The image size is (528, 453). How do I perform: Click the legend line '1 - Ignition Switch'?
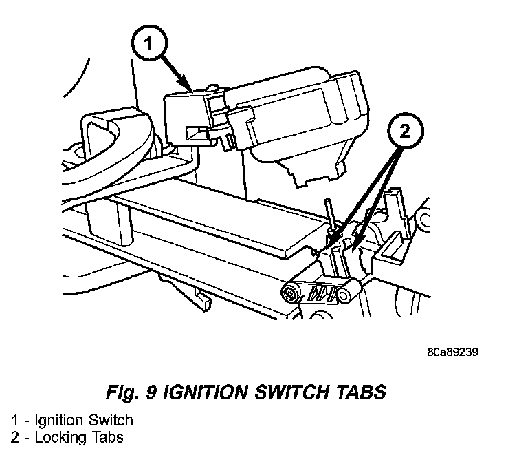72,420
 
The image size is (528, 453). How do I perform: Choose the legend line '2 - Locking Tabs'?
66,436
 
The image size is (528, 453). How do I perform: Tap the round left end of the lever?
291,294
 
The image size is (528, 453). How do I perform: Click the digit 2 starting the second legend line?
14,436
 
